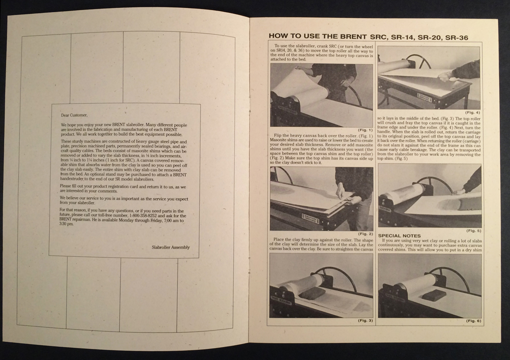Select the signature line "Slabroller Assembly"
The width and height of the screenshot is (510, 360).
[171, 247]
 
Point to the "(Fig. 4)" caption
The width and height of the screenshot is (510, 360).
[471, 112]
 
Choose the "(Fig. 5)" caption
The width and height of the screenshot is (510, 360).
[471, 230]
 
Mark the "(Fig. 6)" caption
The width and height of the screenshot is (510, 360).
[471, 320]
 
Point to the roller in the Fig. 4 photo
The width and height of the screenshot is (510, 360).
[395, 62]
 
